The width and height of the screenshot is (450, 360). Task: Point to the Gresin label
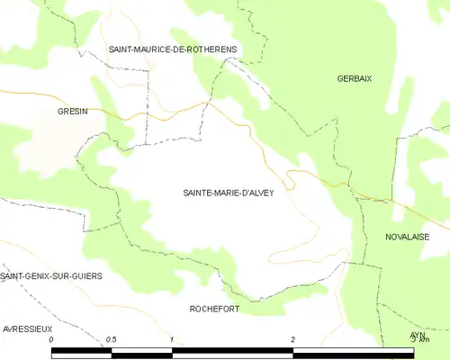[x=73, y=111]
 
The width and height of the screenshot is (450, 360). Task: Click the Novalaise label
[x=407, y=237]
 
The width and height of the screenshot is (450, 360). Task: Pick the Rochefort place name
[x=214, y=309]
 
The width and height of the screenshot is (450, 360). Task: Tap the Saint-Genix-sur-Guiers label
[x=51, y=275]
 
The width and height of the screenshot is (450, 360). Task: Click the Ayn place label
[x=417, y=335]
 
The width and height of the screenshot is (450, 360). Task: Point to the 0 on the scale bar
[x=51, y=339]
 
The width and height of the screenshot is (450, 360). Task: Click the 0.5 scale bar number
[x=111, y=339]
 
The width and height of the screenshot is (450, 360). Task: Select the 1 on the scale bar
[x=171, y=339]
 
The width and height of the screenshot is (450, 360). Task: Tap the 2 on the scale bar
[x=292, y=339]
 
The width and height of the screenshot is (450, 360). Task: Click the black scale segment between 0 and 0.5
[x=81, y=352]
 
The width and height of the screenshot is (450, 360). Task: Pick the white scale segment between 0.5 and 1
[x=141, y=352]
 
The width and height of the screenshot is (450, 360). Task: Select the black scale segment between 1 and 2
[x=231, y=352]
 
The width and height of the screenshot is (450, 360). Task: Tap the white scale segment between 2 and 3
[x=353, y=352]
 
